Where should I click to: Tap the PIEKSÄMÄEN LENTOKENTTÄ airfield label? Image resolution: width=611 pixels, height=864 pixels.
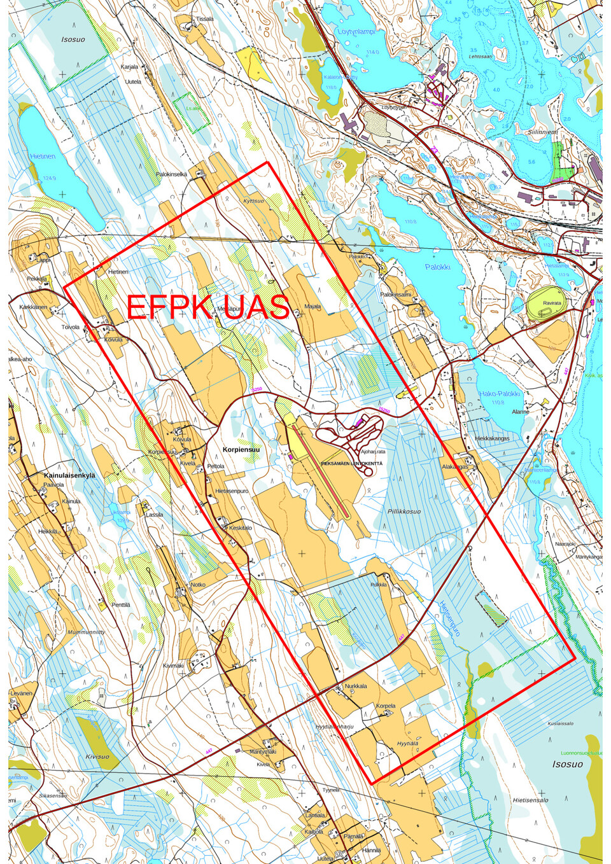[352, 464]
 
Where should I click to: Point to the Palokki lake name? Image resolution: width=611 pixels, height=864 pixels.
[437, 267]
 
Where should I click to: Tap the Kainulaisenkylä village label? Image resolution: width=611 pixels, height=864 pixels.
[69, 475]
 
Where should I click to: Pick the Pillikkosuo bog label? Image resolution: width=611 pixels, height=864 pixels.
[404, 512]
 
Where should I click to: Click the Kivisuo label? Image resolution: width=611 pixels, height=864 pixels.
[97, 756]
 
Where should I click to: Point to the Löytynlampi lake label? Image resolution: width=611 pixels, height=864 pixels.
[356, 31]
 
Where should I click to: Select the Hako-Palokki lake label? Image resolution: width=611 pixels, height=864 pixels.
[500, 394]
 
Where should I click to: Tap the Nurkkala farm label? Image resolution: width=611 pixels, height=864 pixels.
[356, 686]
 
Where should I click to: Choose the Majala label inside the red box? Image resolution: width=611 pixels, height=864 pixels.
[313, 306]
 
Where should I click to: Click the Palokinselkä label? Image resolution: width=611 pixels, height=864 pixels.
[171, 174]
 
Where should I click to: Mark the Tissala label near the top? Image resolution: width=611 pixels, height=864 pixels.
[204, 19]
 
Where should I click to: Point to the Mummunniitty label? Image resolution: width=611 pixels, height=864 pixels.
[87, 632]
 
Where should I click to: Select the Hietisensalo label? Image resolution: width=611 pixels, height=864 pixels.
[530, 800]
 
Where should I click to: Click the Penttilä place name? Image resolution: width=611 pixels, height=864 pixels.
[120, 605]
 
